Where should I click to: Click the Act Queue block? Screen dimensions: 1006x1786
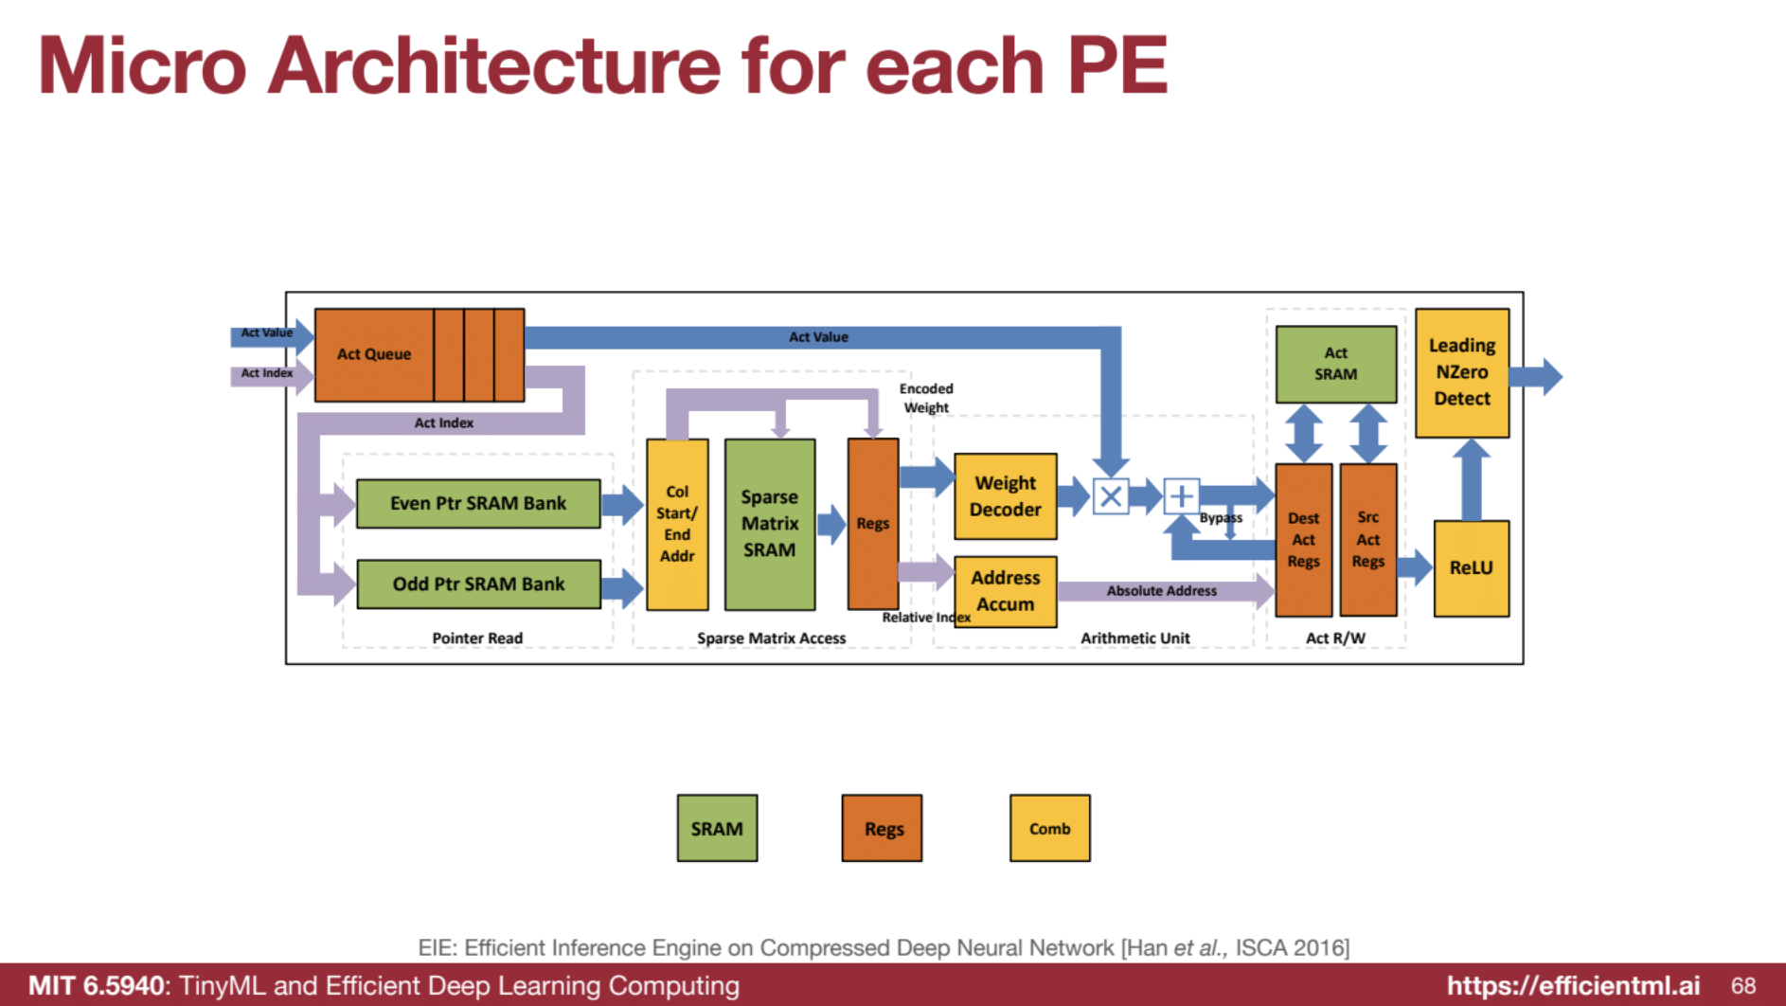click(375, 354)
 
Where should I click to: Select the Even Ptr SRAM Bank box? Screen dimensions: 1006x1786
click(478, 503)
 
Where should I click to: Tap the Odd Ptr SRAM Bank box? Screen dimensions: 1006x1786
click(478, 584)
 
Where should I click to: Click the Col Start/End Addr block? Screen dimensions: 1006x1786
click(677, 524)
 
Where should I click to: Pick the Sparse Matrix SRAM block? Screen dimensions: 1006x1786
click(769, 524)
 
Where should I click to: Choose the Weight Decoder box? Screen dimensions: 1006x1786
click(1005, 496)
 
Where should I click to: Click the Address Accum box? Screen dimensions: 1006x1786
click(1005, 591)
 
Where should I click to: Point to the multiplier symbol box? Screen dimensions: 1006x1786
click(1111, 496)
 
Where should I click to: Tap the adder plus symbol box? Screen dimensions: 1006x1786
click(1181, 496)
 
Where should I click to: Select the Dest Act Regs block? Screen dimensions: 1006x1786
click(1303, 540)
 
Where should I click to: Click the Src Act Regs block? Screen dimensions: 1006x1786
click(1367, 540)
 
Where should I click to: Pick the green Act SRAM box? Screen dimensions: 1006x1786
click(1335, 364)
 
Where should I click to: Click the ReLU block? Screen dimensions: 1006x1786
click(1471, 568)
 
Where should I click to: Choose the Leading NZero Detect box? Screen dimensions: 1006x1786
click(1461, 372)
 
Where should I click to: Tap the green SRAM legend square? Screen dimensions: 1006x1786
click(717, 828)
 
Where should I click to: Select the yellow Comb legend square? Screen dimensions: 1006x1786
click(1049, 828)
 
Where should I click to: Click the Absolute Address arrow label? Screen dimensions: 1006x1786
click(1161, 591)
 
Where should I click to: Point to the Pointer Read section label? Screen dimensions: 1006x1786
click(477, 638)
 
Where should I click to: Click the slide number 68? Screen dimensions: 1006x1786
click(1743, 985)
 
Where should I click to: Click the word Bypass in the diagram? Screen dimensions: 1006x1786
click(1221, 518)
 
